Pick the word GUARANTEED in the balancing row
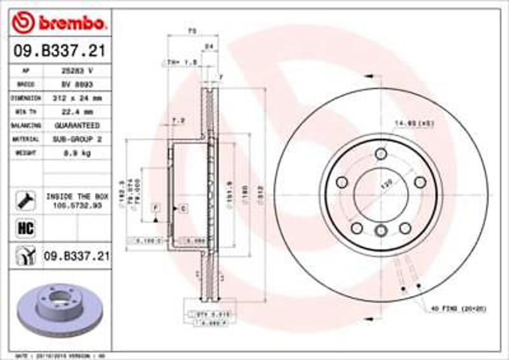pos(76,125)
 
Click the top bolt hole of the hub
pos(380,153)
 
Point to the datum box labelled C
pos(182,208)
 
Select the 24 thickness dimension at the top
pos(207,46)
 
